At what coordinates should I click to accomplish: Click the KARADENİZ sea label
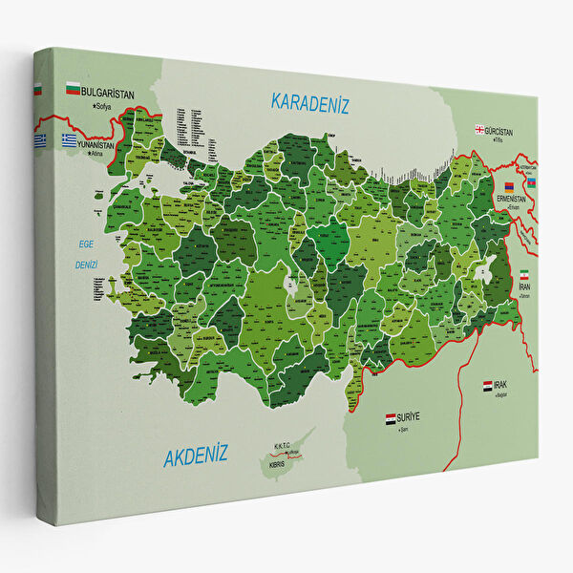coord(308,102)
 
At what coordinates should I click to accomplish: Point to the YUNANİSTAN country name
coord(97,145)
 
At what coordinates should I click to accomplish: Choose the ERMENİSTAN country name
coord(513,198)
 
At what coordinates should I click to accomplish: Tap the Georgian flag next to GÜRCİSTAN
coord(479,130)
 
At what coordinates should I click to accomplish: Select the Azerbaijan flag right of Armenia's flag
coord(530,181)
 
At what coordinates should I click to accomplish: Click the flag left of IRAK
coord(487,385)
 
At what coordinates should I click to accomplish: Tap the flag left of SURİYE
coord(390,418)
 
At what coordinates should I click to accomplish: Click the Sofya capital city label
coord(95,103)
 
